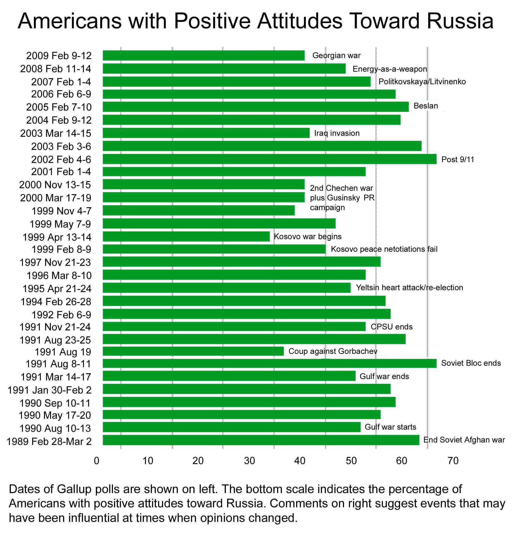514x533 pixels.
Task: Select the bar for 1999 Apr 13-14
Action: click(186, 236)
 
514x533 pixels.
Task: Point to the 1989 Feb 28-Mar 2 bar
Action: click(261, 440)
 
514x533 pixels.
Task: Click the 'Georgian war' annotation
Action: click(336, 55)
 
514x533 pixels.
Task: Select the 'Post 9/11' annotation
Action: click(457, 159)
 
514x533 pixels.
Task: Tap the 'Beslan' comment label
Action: click(425, 106)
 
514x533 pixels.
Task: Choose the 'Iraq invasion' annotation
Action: click(336, 133)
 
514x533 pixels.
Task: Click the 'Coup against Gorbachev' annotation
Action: click(332, 351)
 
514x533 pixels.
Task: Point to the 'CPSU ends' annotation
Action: click(391, 327)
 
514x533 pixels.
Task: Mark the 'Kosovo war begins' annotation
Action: click(307, 236)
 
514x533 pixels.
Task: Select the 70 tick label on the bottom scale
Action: click(453, 461)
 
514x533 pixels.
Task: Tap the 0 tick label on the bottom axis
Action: click(97, 461)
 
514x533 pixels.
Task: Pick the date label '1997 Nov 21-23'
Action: click(55, 262)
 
